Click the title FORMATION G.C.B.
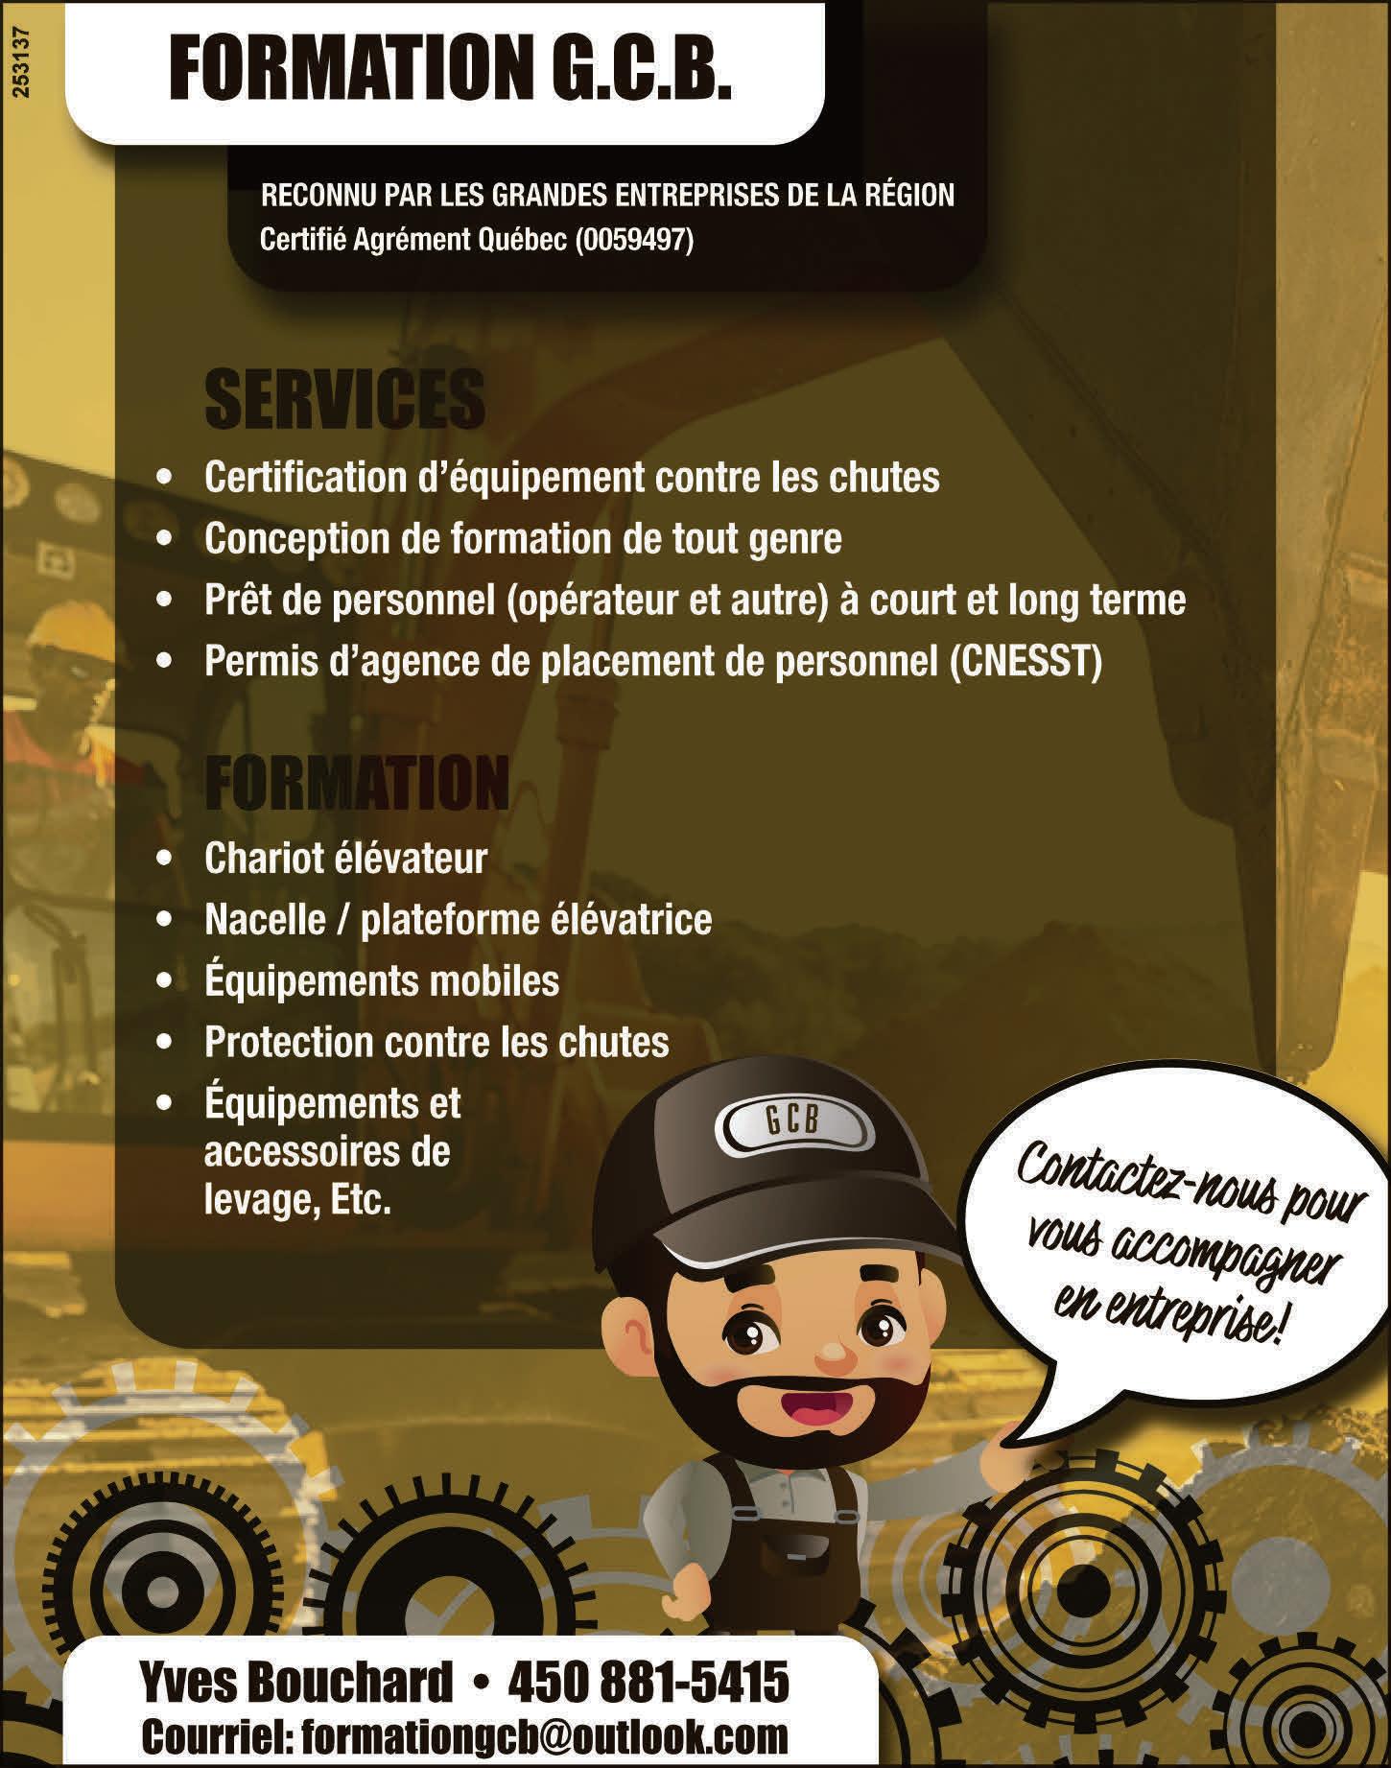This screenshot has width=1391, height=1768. [450, 71]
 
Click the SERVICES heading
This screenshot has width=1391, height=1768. [344, 400]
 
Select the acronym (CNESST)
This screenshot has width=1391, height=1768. [1025, 662]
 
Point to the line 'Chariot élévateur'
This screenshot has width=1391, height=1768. [345, 858]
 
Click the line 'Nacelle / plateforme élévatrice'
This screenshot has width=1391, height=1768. [458, 919]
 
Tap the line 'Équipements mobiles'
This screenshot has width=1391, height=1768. [381, 980]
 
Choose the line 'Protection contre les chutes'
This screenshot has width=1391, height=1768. [436, 1042]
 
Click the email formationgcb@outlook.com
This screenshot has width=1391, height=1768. [544, 1734]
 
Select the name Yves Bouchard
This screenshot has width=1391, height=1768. [295, 1682]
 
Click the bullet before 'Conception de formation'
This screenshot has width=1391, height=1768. [168, 539]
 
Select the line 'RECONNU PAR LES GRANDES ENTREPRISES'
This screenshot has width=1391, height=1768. [607, 196]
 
